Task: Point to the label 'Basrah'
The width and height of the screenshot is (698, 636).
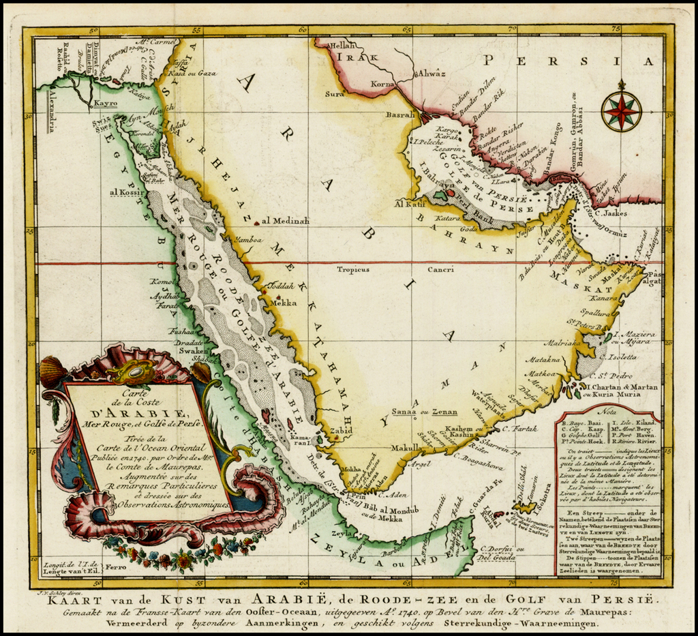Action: coord(400,115)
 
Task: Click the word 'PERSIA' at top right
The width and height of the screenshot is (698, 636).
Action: coord(562,61)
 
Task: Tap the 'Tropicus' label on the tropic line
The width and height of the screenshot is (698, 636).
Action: coord(353,269)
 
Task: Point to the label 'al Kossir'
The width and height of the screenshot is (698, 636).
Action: coord(123,192)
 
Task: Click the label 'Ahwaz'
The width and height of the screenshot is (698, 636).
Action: coord(431,72)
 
